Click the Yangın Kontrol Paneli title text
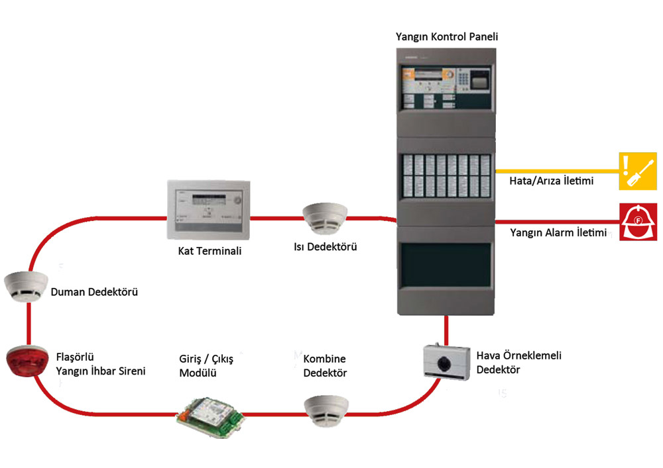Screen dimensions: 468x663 pyautogui.click(x=446, y=37)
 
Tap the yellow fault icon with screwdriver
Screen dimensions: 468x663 pyautogui.click(x=637, y=171)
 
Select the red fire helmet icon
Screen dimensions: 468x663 pyautogui.click(x=638, y=222)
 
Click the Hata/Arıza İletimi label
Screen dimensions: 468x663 pyautogui.click(x=551, y=181)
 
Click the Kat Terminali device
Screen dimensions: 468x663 pyautogui.click(x=208, y=210)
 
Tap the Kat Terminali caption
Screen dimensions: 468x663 pyautogui.click(x=209, y=251)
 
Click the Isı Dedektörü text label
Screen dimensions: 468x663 pyautogui.click(x=326, y=247)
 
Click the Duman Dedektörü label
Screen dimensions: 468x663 pyautogui.click(x=94, y=291)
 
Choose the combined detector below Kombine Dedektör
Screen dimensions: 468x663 pyautogui.click(x=326, y=410)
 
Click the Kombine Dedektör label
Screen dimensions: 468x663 pyautogui.click(x=325, y=366)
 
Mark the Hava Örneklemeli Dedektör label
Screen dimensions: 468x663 pyautogui.click(x=519, y=363)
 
